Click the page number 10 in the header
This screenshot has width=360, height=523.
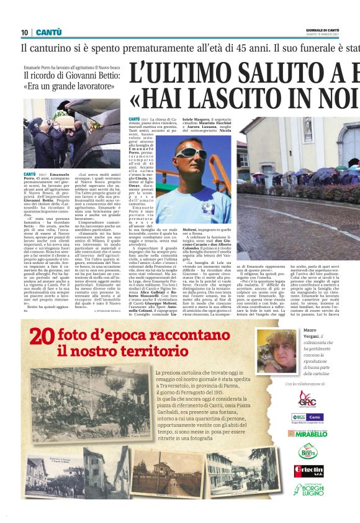click(25, 32)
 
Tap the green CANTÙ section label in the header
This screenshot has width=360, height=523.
click(49, 32)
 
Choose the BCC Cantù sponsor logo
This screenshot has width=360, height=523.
click(307, 417)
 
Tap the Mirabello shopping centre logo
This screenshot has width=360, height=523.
click(308, 434)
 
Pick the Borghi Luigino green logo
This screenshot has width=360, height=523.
click(308, 489)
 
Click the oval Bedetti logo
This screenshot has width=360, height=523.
click(308, 451)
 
